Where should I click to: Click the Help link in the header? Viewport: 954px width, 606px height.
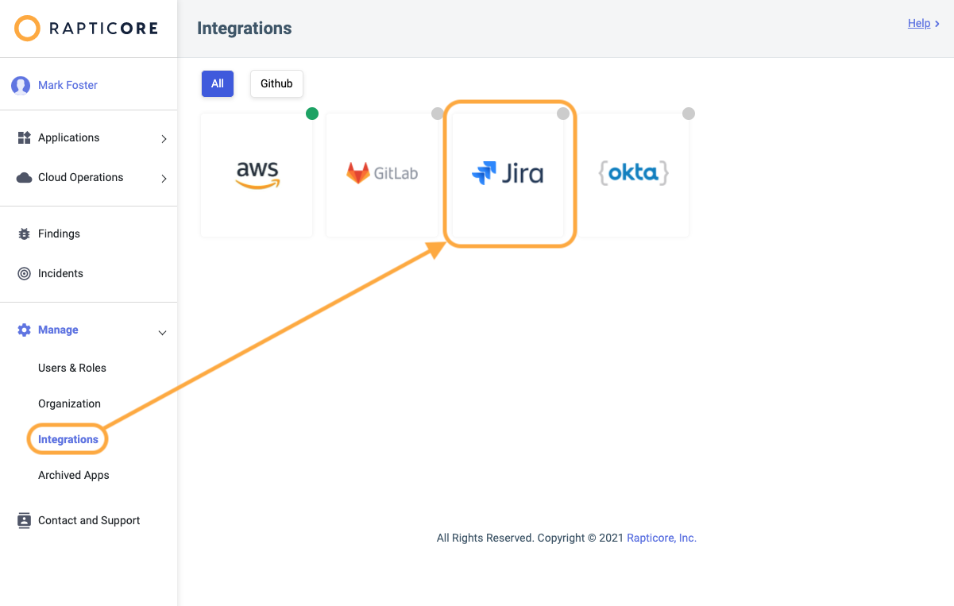pyautogui.click(x=918, y=23)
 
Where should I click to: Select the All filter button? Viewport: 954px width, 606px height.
pyautogui.click(x=217, y=83)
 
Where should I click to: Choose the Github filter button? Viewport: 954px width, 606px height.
pyautogui.click(x=276, y=83)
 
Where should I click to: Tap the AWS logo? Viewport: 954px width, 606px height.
pyautogui.click(x=257, y=175)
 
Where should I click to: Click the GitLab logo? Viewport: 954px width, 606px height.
pyautogui.click(x=382, y=173)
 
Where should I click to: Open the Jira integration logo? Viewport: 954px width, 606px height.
pyautogui.click(x=508, y=173)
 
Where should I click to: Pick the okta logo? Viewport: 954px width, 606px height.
pyautogui.click(x=633, y=173)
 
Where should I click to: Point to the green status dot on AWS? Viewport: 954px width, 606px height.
pyautogui.click(x=312, y=114)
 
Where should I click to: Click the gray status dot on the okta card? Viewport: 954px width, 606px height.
pyautogui.click(x=689, y=114)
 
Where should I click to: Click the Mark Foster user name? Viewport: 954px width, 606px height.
pyautogui.click(x=68, y=85)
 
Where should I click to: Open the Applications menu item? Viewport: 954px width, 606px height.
pyautogui.click(x=68, y=137)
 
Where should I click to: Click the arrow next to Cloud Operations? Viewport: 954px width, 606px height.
pyautogui.click(x=164, y=179)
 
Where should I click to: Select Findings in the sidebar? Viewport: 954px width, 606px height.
pyautogui.click(x=59, y=234)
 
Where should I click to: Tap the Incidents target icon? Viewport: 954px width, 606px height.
pyautogui.click(x=24, y=273)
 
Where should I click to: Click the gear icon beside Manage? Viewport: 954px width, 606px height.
pyautogui.click(x=24, y=330)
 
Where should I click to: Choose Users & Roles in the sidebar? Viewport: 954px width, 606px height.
pyautogui.click(x=72, y=368)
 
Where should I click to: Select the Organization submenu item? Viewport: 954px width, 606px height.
pyautogui.click(x=69, y=403)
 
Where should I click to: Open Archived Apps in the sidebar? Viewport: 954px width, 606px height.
pyautogui.click(x=74, y=475)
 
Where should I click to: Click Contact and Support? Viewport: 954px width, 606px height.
pyautogui.click(x=89, y=520)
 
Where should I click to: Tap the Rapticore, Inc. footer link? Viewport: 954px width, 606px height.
pyautogui.click(x=662, y=538)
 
